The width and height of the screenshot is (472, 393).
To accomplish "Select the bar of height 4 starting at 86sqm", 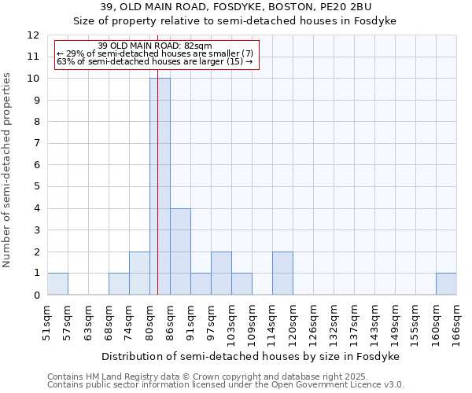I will (180, 252).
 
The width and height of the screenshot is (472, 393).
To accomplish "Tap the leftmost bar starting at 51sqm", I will (57, 284).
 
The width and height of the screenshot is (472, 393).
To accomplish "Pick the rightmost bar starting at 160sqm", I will (446, 284).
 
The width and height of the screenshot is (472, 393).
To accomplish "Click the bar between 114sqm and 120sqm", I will (282, 274).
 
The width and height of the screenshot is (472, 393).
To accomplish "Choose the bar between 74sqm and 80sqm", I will (139, 274).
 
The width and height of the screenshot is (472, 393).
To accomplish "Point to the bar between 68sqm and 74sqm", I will (119, 284).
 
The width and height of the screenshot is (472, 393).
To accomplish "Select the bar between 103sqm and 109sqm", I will (242, 284).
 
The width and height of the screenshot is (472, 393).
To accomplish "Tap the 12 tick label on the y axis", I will (33, 35).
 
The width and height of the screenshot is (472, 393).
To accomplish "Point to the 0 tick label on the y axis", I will (36, 296).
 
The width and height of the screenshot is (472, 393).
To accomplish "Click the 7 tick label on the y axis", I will (36, 144).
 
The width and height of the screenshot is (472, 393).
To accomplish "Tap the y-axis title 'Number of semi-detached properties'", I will (7, 170).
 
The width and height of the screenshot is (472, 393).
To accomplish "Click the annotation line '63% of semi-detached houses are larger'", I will (155, 61).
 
